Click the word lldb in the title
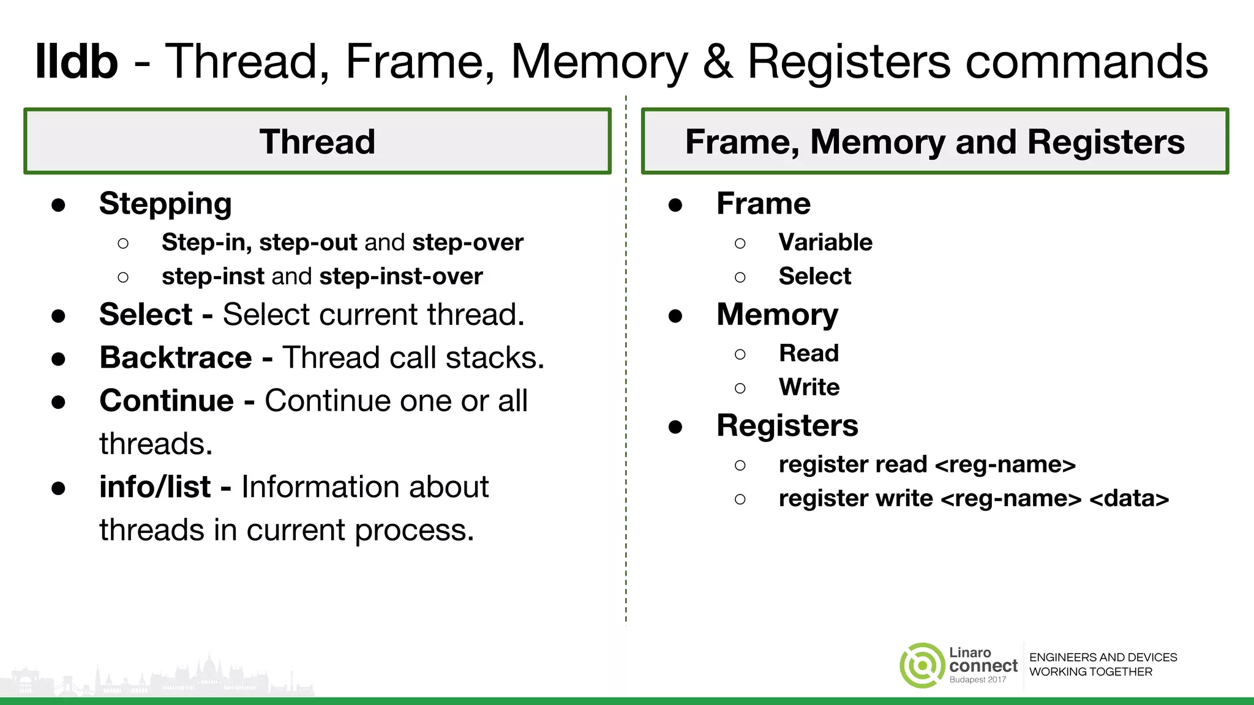point(77,61)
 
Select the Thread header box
point(317,141)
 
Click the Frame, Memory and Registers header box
point(934,141)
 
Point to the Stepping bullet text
point(165,204)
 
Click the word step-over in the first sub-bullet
point(468,243)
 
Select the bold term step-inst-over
point(401,277)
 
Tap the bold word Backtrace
point(176,357)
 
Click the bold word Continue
point(167,401)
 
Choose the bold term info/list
point(155,487)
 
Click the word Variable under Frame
point(825,242)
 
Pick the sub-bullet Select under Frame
point(814,277)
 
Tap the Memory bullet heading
point(777,315)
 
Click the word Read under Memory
point(808,353)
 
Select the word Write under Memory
point(809,387)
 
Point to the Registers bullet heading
point(787,425)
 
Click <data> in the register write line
point(1129,499)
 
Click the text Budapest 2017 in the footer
point(977,680)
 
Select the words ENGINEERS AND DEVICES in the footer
point(1103,657)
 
